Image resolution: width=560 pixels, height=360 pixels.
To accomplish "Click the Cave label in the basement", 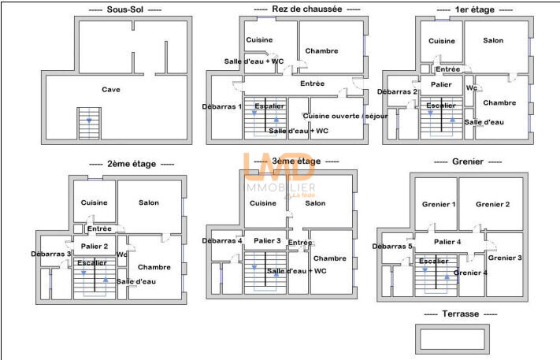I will (x=111, y=90).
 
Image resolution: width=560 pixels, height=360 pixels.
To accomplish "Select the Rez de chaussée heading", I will (x=309, y=9).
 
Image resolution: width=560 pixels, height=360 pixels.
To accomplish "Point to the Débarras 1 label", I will (x=222, y=106).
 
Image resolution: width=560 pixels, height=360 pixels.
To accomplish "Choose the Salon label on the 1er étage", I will (x=493, y=40).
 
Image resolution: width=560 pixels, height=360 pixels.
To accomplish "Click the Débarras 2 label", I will (x=398, y=92).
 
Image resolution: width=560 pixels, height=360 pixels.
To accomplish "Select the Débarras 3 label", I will (x=52, y=254).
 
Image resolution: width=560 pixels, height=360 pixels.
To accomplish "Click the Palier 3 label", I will (x=268, y=240).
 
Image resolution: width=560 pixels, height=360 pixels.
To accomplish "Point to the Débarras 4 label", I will (x=222, y=241).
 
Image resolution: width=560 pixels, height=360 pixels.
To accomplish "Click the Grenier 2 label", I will (x=492, y=205).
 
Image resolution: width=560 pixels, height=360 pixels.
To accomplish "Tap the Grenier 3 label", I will (x=505, y=258).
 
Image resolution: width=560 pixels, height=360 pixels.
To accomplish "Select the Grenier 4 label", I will (x=470, y=273).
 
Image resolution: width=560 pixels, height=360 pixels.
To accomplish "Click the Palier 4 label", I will (x=447, y=242).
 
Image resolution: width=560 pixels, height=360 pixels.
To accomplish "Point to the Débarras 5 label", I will (x=393, y=247).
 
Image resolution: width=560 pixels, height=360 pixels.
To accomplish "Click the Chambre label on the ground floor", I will (x=321, y=51).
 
